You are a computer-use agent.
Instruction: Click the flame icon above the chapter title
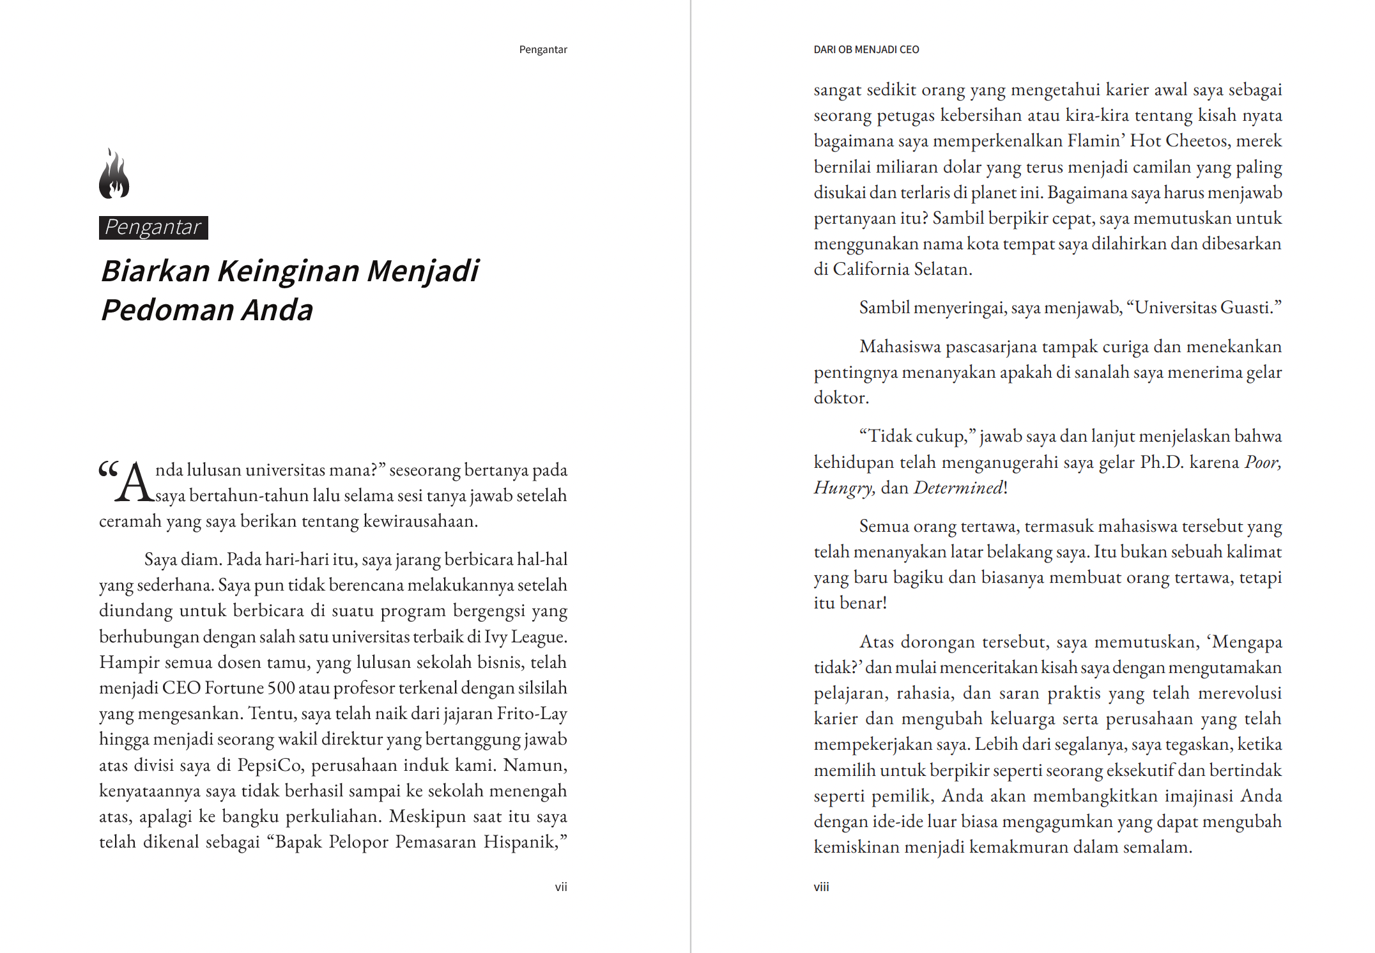[x=114, y=174]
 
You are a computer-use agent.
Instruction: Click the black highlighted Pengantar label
[x=153, y=228]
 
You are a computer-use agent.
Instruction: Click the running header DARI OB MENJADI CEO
[x=866, y=50]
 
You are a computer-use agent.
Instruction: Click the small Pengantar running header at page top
[x=542, y=50]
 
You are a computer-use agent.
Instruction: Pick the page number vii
[x=560, y=887]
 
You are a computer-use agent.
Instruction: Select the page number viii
[x=821, y=887]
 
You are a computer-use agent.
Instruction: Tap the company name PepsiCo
[x=270, y=765]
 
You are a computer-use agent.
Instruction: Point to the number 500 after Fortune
[x=281, y=688]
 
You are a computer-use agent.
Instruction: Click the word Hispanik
[x=521, y=842]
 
